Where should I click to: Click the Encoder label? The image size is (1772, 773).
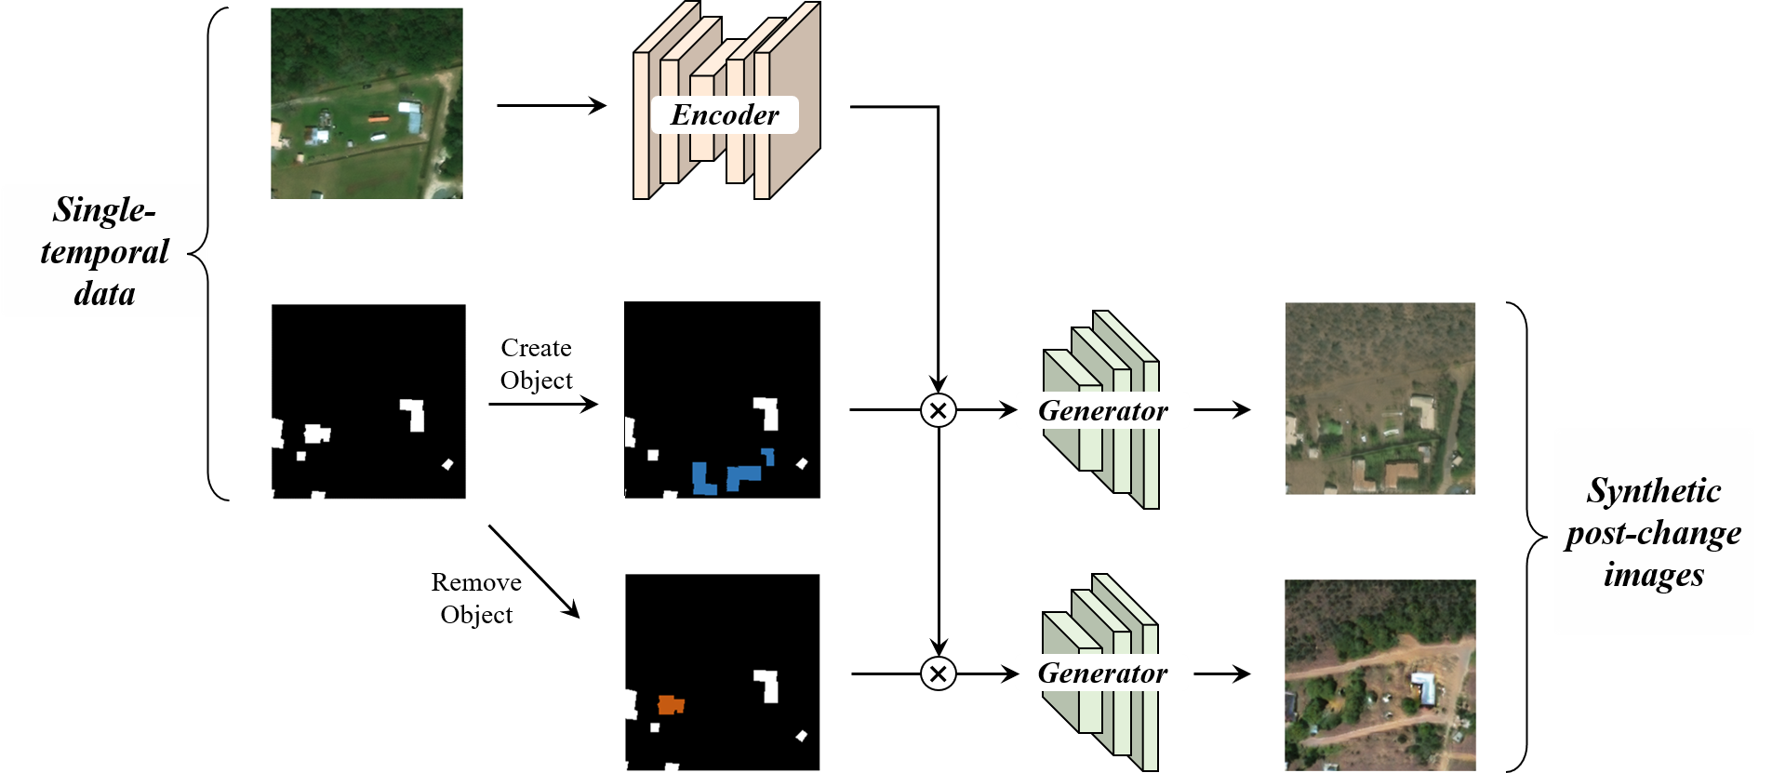pos(725,114)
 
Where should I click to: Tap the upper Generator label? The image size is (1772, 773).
pos(1102,410)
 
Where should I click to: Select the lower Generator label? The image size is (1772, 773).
pos(1102,673)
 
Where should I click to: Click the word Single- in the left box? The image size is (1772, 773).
pos(103,210)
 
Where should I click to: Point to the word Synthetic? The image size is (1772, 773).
pos(1654,490)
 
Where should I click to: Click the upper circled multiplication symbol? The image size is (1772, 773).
pos(939,410)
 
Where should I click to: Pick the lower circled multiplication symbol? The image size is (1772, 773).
pos(939,673)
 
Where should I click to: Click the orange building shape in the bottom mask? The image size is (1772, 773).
pos(671,705)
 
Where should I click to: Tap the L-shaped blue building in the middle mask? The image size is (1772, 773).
pos(703,479)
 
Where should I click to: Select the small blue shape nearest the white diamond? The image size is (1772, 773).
pos(768,456)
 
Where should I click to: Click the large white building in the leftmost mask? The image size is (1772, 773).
pos(414,414)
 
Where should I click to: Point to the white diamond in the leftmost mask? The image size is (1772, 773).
pos(447,464)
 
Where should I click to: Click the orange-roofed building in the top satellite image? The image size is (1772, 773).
pos(377,118)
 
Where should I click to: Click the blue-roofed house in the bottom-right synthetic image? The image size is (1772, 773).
pos(1423,687)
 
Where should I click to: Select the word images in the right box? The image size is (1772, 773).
pos(1654,574)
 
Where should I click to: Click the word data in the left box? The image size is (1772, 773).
pos(104,294)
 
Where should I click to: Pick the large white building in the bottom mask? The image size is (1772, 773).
pos(767,685)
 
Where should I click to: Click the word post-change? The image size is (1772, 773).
pos(1654,533)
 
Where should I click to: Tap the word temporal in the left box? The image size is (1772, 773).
pos(104,252)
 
